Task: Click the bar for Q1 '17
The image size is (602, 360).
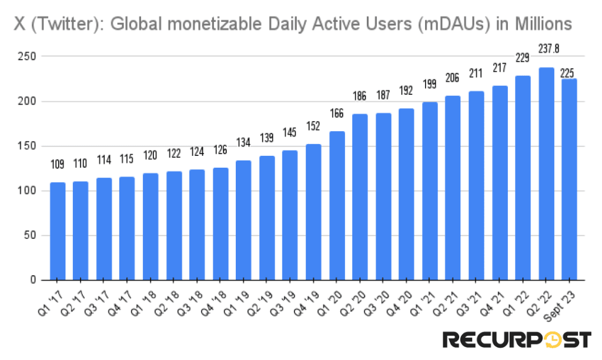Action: pyautogui.click(x=58, y=231)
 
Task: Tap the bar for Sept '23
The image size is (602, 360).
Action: pyautogui.click(x=569, y=179)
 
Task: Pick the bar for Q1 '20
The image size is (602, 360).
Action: pyautogui.click(x=337, y=206)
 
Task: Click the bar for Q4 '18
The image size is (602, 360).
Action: pyautogui.click(x=220, y=224)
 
